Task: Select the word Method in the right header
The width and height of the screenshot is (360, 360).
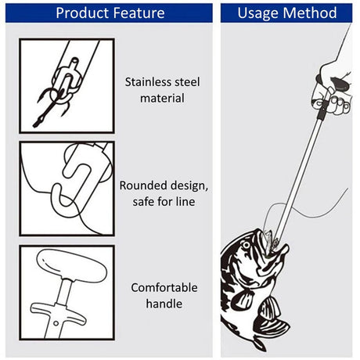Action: pyautogui.click(x=311, y=13)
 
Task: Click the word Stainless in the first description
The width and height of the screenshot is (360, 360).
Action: pyautogui.click(x=146, y=81)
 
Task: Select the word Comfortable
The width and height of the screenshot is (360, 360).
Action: pyautogui.click(x=164, y=287)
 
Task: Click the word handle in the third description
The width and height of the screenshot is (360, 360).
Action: pyautogui.click(x=164, y=304)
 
